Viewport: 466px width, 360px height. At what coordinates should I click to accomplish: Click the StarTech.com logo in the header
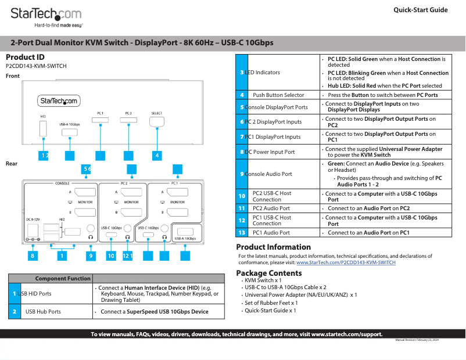(46, 14)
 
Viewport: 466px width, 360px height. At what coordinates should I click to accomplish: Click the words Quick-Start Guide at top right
(420, 10)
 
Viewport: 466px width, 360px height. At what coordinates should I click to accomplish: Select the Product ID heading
(25, 57)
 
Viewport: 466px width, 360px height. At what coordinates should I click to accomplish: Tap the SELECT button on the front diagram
(157, 122)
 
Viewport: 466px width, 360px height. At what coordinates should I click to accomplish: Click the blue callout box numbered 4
(157, 156)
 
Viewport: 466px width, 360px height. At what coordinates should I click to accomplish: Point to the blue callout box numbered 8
(33, 255)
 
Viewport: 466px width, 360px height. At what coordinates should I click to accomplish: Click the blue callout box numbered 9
(91, 255)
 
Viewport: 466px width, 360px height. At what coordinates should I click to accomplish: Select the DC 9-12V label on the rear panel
(33, 219)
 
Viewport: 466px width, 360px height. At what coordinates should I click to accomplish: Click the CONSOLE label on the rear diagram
(62, 183)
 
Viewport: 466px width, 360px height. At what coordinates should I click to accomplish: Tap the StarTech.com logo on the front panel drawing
(59, 101)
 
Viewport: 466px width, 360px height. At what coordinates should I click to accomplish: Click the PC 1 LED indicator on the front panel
(101, 121)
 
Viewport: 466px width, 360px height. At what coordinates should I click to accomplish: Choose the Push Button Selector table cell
(278, 95)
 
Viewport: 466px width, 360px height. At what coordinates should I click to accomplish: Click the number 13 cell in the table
(242, 232)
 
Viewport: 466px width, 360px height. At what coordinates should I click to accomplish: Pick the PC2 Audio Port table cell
(271, 208)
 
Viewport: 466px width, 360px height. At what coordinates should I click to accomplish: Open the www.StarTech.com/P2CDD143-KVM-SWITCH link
(346, 262)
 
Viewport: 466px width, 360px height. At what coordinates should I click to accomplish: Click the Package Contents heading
(268, 273)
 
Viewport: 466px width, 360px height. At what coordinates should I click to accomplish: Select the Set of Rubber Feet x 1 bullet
(271, 303)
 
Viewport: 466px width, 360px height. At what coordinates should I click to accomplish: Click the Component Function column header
(63, 279)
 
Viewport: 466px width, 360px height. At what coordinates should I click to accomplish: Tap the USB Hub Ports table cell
(43, 312)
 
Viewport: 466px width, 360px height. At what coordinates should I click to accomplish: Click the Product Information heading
(273, 247)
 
